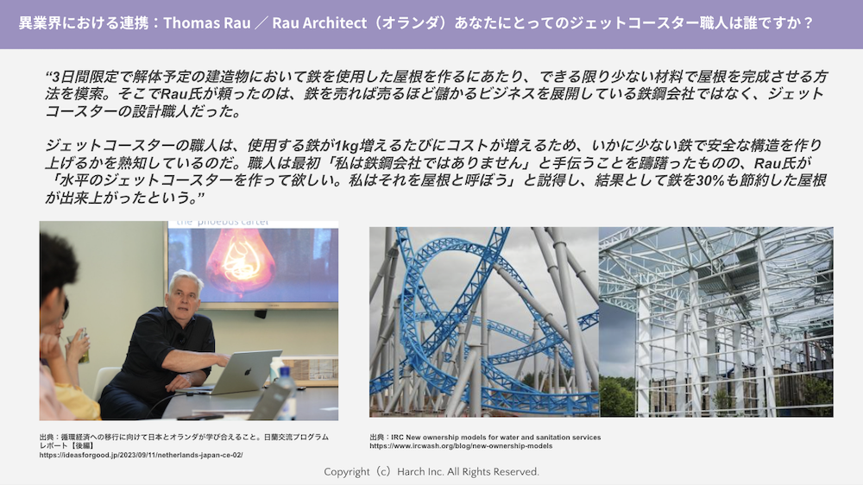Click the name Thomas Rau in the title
coord(207,23)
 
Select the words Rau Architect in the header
coord(319,23)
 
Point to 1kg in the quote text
coord(347,146)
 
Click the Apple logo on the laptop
coord(247,372)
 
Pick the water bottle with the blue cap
coord(285,391)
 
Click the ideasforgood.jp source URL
coord(141,456)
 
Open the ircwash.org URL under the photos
coord(461,446)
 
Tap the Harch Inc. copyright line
coord(431,472)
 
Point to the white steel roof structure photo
coord(716,322)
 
